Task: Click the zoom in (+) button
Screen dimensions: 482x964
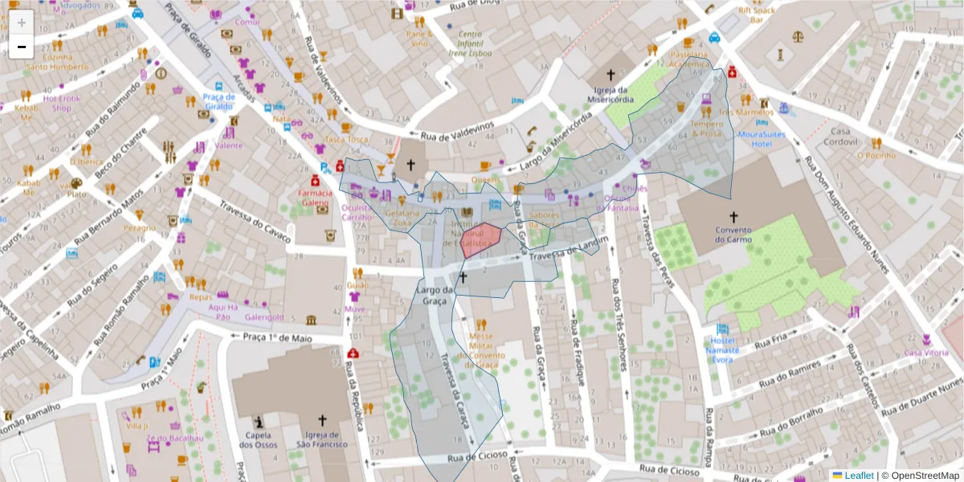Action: [x=22, y=22]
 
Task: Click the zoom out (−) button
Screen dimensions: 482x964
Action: [x=22, y=47]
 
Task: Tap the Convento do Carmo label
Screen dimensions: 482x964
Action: [x=733, y=234]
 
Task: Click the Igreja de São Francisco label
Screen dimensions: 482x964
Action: [x=322, y=439]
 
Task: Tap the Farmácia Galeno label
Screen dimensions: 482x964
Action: [x=315, y=198]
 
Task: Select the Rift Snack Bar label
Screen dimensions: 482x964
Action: [x=756, y=14]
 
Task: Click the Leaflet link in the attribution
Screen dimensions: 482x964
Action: [x=858, y=476]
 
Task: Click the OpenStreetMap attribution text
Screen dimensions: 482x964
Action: [x=921, y=476]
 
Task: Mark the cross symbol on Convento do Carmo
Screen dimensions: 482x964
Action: [x=733, y=216]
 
